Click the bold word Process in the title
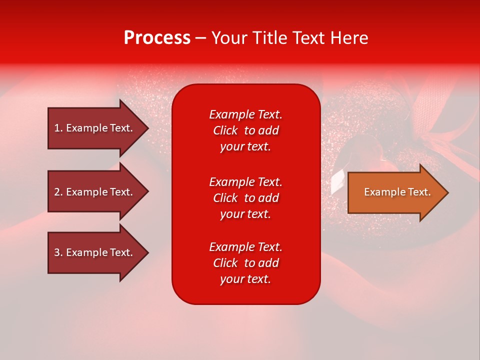point(157,38)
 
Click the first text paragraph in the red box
point(245,130)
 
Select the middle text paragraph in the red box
point(245,198)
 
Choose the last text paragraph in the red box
point(245,263)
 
